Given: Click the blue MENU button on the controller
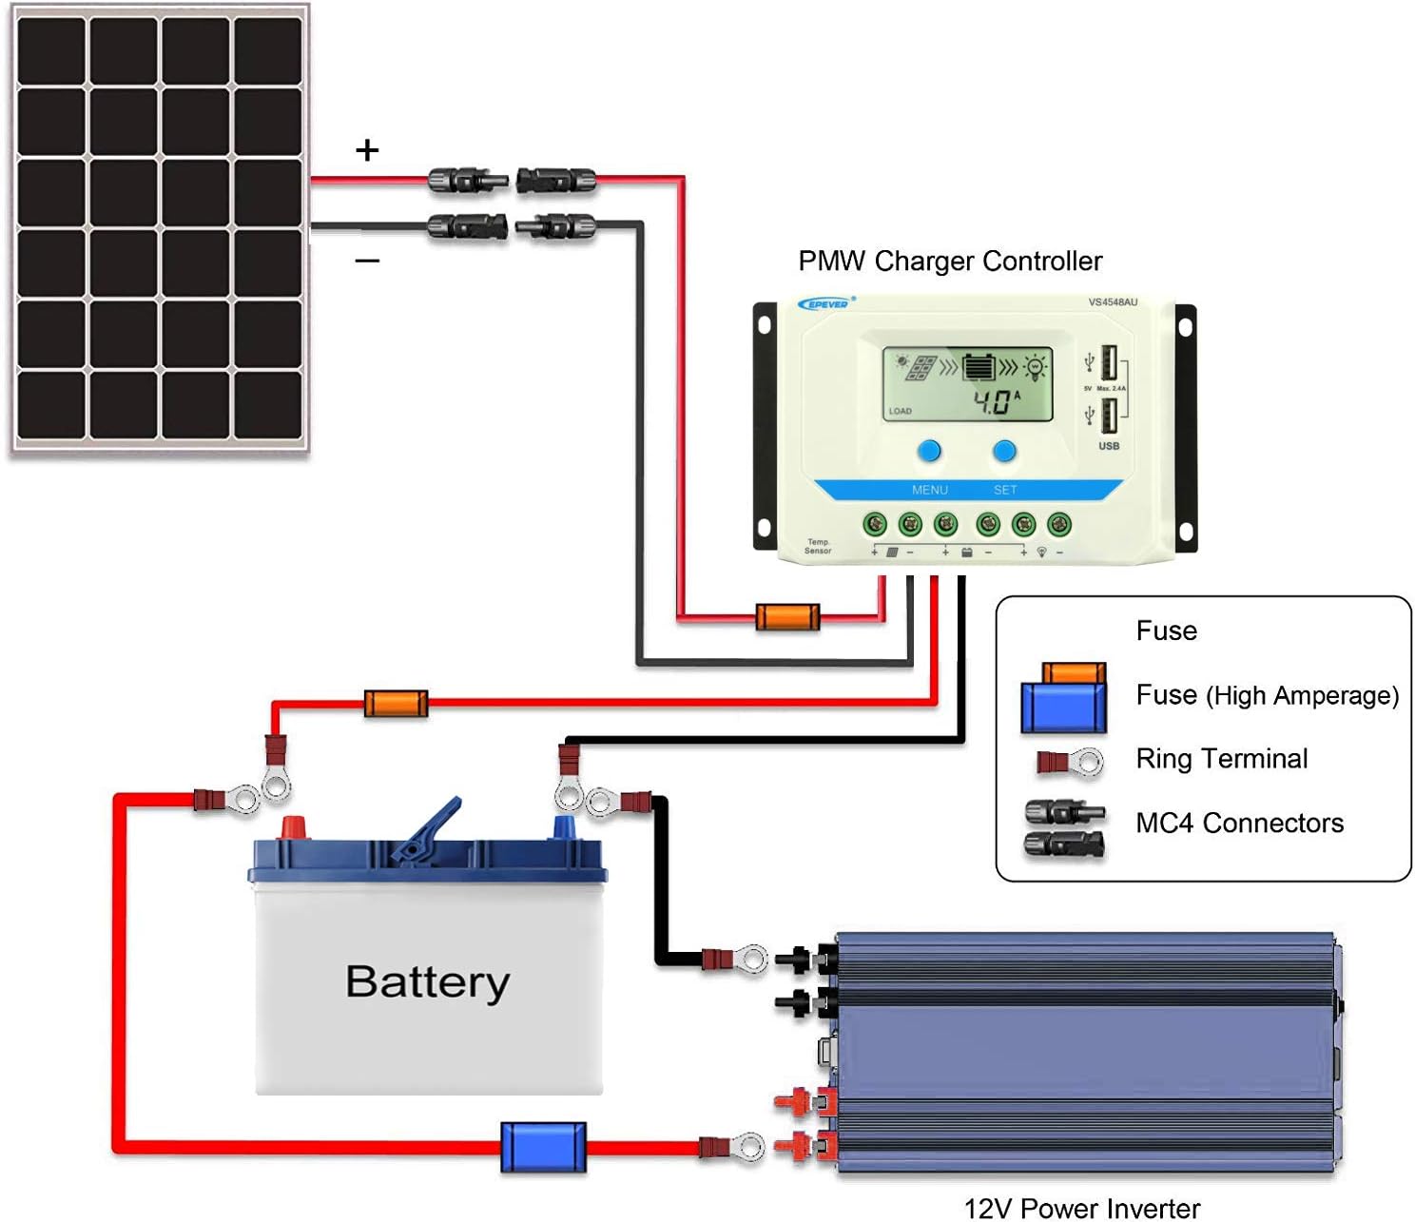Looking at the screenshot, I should pos(929,451).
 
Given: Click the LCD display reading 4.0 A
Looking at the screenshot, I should pos(967,384).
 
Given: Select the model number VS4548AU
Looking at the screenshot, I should pos(1112,302).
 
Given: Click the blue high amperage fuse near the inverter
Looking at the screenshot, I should pos(543,1147).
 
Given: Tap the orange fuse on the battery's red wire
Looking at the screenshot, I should pos(396,704).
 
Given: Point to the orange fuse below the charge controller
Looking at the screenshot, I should pos(787,617).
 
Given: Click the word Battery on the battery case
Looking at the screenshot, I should pos(427,982).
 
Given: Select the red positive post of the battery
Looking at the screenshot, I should pos(293,826).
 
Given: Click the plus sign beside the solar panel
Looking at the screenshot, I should pos(367,150).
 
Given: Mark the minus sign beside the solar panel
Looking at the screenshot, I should pos(367,261).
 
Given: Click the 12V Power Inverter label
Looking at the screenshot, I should pos(1081,1208).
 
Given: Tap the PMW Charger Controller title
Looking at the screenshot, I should pos(949,261).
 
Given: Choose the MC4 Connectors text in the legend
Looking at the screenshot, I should pos(1239,823).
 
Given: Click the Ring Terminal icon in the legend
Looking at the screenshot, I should pos(1070,761).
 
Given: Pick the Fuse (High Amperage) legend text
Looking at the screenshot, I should pos(1267,695).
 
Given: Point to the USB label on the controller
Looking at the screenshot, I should pos(1109,446).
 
